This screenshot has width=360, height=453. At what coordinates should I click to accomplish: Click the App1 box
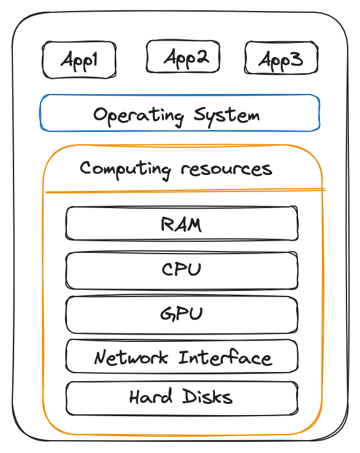coord(79,60)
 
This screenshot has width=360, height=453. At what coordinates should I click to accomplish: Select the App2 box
coord(183,56)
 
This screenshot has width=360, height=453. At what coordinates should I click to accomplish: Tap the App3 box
coord(281,58)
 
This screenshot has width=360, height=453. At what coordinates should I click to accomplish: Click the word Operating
coord(138,117)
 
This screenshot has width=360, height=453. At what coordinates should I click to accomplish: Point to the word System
coord(227,116)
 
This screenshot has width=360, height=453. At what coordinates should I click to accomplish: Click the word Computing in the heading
coord(125,170)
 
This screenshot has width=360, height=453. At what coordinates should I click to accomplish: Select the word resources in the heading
coord(227,169)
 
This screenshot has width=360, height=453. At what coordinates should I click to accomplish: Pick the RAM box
coord(182,223)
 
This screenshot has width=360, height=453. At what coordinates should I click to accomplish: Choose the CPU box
coord(182,271)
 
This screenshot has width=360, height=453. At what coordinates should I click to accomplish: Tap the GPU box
coord(182,315)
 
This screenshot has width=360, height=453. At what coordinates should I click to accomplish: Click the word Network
coord(131,358)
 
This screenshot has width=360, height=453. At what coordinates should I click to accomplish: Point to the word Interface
coord(225,357)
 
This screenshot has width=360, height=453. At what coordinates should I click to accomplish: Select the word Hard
coord(151,397)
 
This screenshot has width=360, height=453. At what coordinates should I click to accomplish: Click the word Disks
coord(207,397)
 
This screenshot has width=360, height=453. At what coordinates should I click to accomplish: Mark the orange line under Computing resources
coord(186,191)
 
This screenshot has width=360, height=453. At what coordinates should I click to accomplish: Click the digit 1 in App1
coord(94,59)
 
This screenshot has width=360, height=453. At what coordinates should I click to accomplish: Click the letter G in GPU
coord(167,314)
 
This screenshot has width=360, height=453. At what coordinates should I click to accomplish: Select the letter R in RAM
coord(167,224)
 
